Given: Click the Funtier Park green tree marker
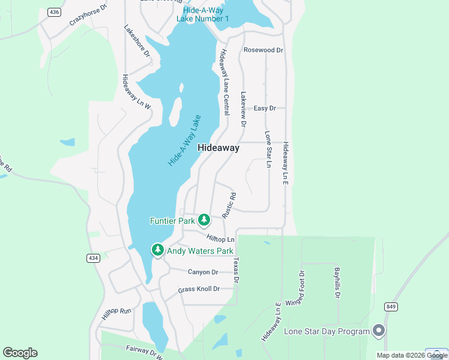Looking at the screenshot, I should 204,220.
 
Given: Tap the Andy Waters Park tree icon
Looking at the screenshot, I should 158,250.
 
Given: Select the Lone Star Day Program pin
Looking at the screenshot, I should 378,331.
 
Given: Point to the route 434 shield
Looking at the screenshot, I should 92,258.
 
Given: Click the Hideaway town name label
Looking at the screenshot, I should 218,148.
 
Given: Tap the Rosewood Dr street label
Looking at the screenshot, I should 263,50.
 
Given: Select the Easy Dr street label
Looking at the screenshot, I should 264,108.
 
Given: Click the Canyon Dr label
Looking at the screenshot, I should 202,272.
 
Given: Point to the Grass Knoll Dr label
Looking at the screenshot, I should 199,289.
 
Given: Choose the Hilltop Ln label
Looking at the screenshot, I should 220,239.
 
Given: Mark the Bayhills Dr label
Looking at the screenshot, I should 337,283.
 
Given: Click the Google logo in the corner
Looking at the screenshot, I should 20,353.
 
